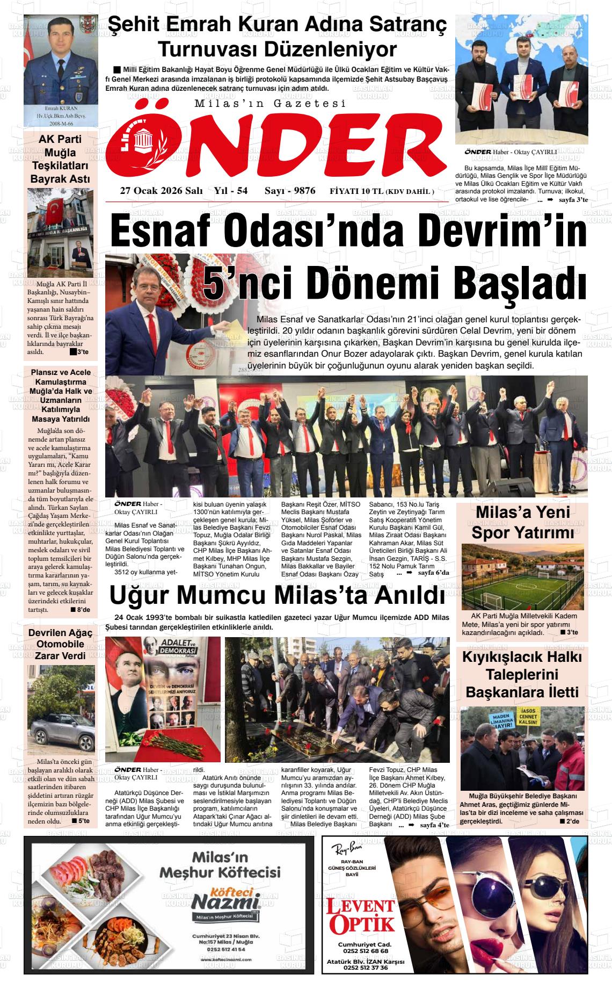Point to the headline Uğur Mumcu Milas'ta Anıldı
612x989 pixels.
tap(277, 596)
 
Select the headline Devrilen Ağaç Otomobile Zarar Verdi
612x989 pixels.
tap(60, 644)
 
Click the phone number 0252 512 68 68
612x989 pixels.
tap(364, 951)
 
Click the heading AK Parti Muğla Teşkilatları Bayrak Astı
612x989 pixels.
tap(60, 159)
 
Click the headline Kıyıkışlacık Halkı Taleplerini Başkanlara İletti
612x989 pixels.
tap(522, 674)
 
